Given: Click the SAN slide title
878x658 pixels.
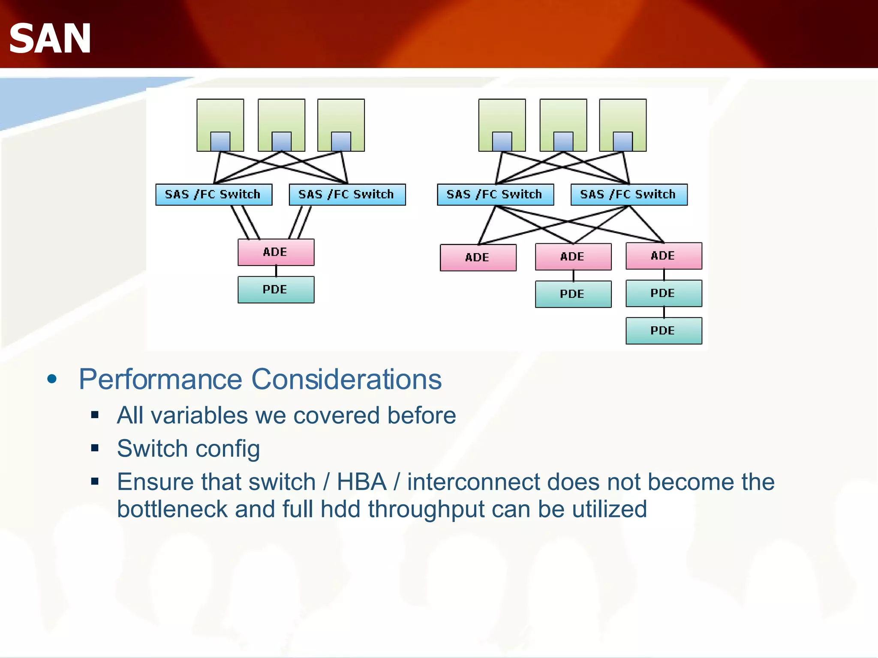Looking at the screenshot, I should pyautogui.click(x=50, y=39).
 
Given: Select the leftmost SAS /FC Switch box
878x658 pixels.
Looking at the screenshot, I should pyautogui.click(x=213, y=194).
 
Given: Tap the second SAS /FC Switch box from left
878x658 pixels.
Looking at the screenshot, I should pyautogui.click(x=347, y=194).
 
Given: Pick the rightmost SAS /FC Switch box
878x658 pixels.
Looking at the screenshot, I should pyautogui.click(x=628, y=194).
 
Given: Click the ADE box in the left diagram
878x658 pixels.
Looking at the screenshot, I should pyautogui.click(x=276, y=252).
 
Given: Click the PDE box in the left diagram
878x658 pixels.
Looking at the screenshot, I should pyautogui.click(x=276, y=290).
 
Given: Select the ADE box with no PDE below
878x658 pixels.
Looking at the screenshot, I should pyautogui.click(x=478, y=257).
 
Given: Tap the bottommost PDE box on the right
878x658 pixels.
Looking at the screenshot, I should pyautogui.click(x=663, y=330).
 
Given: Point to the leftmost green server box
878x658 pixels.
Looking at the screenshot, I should pyautogui.click(x=220, y=116).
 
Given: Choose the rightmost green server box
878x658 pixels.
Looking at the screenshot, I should pyautogui.click(x=622, y=116).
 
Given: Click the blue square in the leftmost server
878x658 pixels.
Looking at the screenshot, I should pyautogui.click(x=220, y=141).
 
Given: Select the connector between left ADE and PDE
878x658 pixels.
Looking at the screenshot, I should pyautogui.click(x=276, y=271).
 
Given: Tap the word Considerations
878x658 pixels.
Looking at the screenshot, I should pyautogui.click(x=346, y=380).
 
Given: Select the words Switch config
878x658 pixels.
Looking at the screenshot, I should pyautogui.click(x=188, y=449).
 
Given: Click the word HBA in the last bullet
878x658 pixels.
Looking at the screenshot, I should pyautogui.click(x=361, y=482).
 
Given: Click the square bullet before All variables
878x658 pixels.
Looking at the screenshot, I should pyautogui.click(x=95, y=415).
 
